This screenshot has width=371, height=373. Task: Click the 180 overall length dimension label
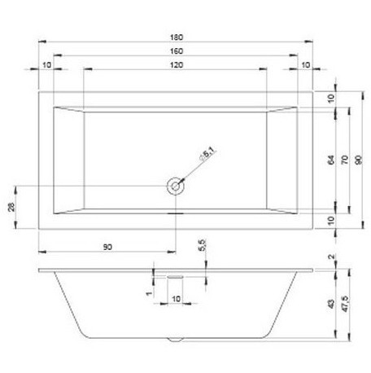(177, 36)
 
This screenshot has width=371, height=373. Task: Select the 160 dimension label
(177, 50)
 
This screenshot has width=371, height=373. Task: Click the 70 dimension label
(345, 159)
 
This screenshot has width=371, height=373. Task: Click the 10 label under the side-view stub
(176, 298)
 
